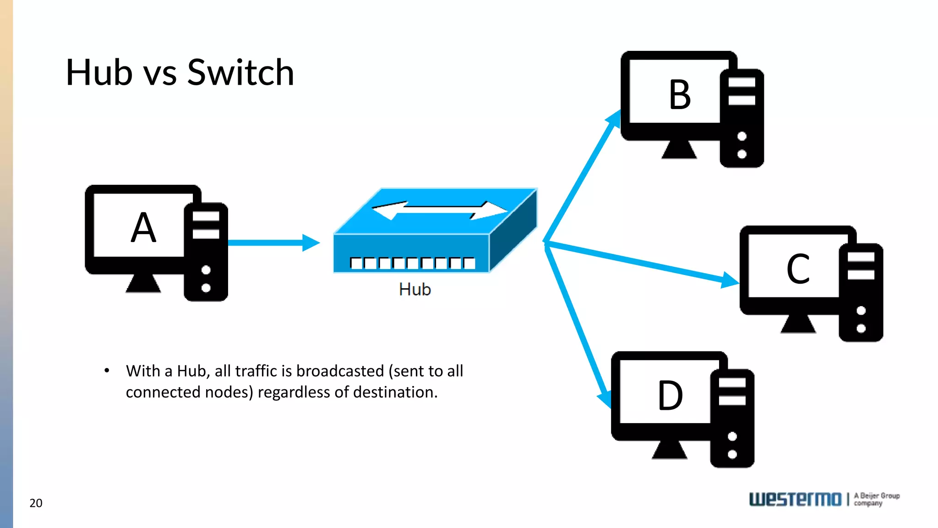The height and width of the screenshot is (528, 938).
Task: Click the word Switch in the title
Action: coord(240,72)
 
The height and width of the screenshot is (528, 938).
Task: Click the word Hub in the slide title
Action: coord(99,72)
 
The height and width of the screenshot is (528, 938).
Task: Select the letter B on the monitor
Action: coord(680,95)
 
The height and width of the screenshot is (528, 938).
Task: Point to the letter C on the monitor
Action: coord(798,269)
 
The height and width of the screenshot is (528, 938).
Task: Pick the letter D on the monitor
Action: coord(670,396)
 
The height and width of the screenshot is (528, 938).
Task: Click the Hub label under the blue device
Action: coord(415,290)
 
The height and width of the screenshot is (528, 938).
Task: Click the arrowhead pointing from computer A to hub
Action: coord(311,243)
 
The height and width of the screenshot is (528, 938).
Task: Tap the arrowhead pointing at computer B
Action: coord(614,118)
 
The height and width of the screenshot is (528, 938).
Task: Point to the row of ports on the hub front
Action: coord(412,263)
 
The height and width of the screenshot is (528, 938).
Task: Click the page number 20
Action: coord(36,503)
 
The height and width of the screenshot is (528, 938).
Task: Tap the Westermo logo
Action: coord(795,499)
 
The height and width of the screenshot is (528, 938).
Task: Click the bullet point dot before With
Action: coord(107,370)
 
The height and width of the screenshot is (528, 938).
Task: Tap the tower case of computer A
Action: coord(206,252)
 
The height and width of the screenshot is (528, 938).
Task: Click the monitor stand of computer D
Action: coord(670,450)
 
